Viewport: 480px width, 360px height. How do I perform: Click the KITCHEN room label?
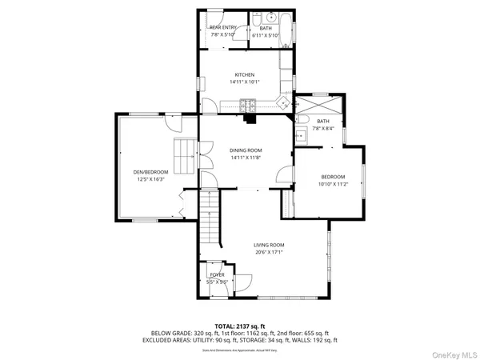point(244,74)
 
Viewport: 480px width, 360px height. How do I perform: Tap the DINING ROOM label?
point(246,150)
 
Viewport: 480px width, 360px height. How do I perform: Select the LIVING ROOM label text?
point(270,245)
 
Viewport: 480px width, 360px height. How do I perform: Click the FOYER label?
point(217,274)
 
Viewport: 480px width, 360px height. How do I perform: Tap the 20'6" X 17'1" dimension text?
point(270,252)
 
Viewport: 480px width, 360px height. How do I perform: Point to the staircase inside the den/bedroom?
point(185,154)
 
